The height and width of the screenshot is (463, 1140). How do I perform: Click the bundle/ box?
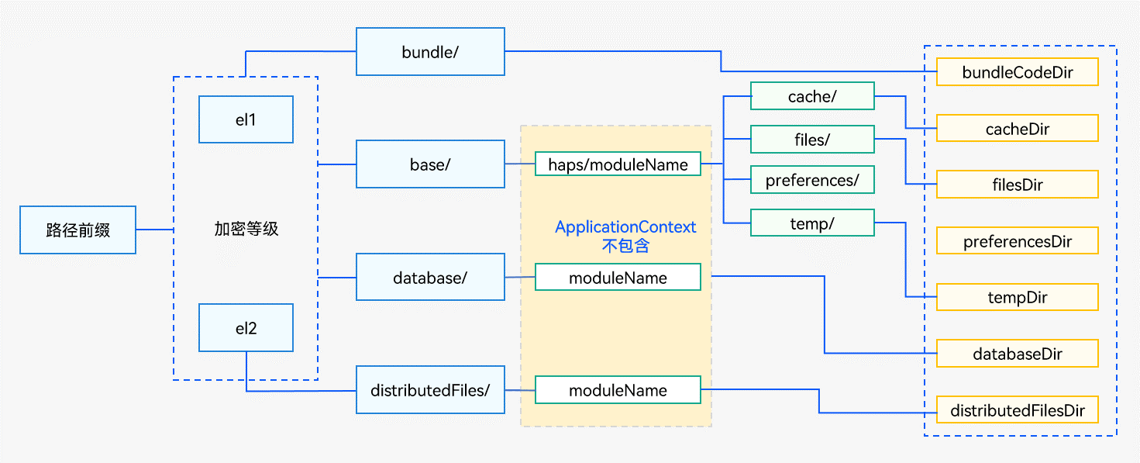pos(430,51)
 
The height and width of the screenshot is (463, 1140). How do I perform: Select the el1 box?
pos(246,119)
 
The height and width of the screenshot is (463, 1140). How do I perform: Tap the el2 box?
pos(246,327)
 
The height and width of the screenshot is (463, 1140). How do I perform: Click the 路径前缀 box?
pos(77,230)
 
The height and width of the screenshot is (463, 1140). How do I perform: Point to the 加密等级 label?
pos(246,229)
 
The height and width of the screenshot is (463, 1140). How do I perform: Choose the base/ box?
pos(430,164)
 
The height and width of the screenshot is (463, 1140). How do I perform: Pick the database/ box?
pos(430,277)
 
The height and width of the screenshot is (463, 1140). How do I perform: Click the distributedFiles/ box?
pos(430,389)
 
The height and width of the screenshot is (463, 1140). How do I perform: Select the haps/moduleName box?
pos(618,164)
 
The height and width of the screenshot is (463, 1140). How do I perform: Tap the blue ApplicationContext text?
pos(625,226)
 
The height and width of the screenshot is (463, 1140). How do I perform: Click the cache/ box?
pos(812,95)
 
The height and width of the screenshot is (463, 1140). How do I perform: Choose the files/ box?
pos(812,139)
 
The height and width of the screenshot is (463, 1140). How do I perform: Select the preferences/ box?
pos(812,179)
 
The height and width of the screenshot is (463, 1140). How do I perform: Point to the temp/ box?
pos(812,223)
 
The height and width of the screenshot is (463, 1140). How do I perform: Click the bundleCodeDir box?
pos(1018,72)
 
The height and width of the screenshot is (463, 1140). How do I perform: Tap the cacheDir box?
pos(1018,129)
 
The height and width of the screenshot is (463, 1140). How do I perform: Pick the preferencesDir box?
pos(1018,240)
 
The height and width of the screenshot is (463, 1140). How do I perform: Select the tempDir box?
pos(1018,297)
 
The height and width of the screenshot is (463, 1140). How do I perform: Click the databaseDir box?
pos(1018,353)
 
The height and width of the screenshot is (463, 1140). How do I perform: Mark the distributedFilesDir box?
pos(1018,409)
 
